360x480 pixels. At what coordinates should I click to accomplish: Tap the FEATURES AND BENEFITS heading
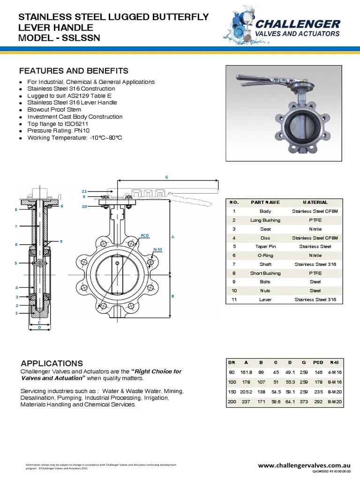tap(73, 71)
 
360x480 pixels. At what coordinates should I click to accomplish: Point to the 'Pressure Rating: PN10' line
tap(58, 131)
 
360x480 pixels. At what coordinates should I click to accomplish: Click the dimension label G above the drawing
tap(166, 177)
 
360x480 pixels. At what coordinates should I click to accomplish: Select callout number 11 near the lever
tap(84, 191)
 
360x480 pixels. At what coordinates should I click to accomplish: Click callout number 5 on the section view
tap(15, 263)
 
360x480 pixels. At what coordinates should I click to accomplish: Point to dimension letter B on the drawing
tap(172, 296)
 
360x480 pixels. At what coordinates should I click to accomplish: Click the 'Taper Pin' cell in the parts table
tap(265, 247)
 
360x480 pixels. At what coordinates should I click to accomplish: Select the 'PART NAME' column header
tap(265, 202)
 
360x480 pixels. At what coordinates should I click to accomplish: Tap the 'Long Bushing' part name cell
tap(265, 220)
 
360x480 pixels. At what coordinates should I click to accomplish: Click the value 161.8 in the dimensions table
tap(246, 372)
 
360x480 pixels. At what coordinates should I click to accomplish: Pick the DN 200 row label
tap(232, 403)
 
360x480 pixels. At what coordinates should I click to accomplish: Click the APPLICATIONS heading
tap(52, 363)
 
